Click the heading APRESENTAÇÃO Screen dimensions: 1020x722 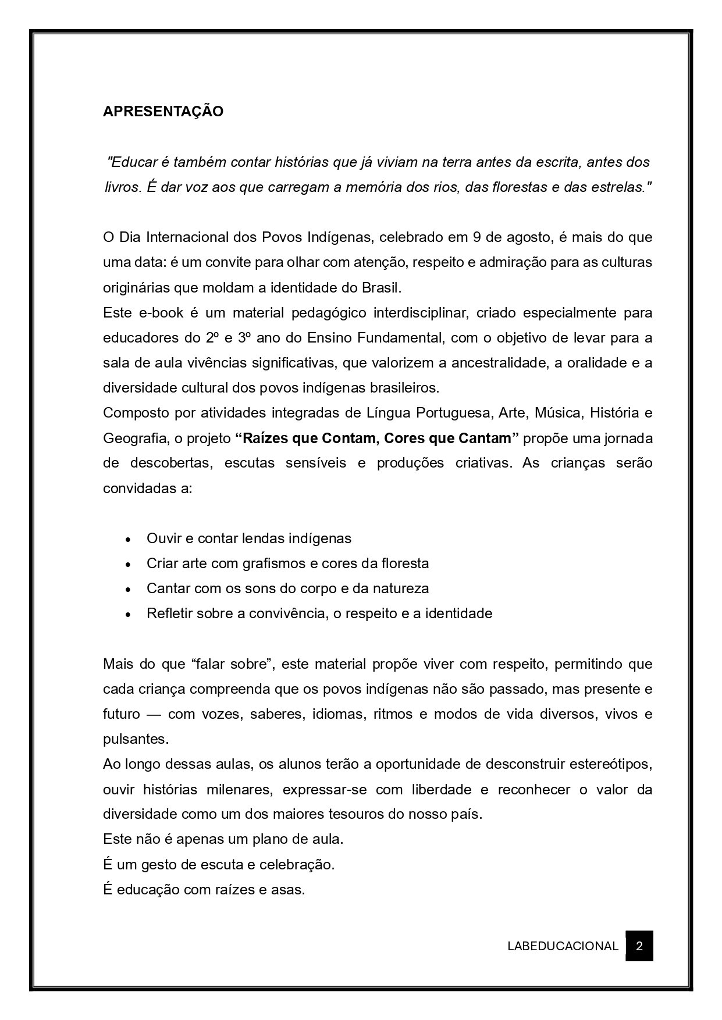[163, 112]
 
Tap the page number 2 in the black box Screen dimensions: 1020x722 [639, 946]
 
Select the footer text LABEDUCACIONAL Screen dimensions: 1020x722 [562, 946]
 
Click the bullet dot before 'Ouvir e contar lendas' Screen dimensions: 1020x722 [127, 539]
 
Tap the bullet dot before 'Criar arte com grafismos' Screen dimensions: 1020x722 [127, 564]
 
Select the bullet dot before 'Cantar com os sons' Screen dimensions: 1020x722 [127, 589]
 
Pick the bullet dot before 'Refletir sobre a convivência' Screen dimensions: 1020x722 [127, 614]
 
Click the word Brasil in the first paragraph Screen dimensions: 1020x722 [380, 288]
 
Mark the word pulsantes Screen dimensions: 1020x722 [135, 739]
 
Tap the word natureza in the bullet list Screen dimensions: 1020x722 [402, 588]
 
